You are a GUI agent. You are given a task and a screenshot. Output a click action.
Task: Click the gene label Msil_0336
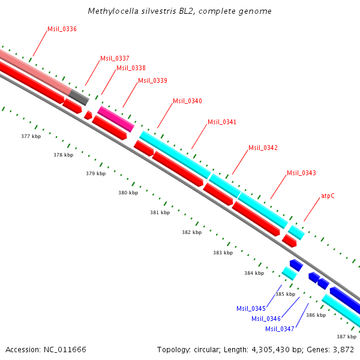[62, 29]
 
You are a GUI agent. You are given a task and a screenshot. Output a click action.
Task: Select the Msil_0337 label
[115, 58]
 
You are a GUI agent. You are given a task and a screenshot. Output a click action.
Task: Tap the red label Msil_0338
[131, 68]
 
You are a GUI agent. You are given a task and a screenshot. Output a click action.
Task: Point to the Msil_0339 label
[152, 80]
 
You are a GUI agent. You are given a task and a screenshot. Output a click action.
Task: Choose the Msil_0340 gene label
[187, 101]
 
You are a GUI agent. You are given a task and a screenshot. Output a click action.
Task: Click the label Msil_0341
[222, 122]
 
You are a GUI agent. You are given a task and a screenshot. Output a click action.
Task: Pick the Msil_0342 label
[263, 148]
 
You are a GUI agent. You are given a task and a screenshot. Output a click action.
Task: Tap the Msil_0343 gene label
[301, 173]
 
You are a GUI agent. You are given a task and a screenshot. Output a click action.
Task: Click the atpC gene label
[328, 196]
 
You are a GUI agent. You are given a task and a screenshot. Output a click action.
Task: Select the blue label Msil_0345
[251, 308]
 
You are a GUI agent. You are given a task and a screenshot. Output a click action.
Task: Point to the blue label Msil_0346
[266, 319]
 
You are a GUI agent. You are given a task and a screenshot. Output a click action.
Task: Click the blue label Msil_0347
[280, 329]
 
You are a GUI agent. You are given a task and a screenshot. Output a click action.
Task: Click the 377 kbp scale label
[31, 137]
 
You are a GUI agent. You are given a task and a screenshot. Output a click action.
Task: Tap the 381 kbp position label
[160, 213]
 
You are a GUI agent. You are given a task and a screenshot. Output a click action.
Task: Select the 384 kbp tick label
[254, 273]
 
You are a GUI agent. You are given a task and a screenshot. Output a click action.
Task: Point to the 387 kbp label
[346, 337]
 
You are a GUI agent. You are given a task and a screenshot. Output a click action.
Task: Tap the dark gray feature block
[78, 95]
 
